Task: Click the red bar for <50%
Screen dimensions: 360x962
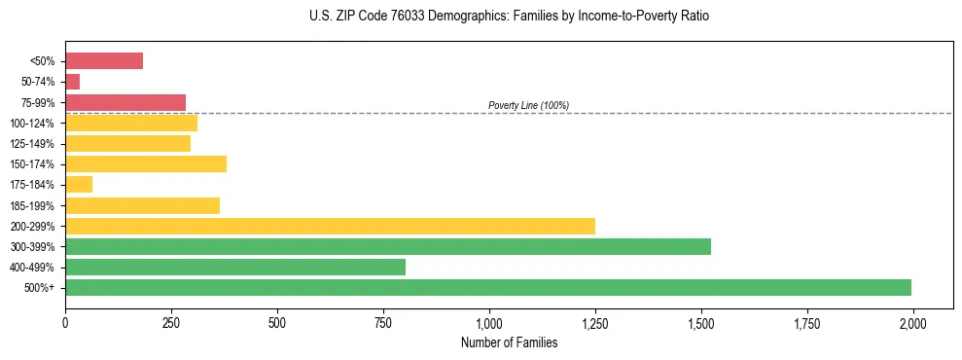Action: pos(104,61)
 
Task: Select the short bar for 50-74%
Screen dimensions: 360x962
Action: pos(73,82)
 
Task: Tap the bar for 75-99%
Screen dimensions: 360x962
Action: pos(125,102)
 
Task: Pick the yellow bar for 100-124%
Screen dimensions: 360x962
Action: pos(131,123)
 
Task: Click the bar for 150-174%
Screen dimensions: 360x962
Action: pos(146,163)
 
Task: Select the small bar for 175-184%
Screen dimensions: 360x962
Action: pos(79,184)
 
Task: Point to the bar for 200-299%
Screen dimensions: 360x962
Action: pos(330,226)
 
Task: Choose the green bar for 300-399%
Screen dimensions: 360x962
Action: pos(388,246)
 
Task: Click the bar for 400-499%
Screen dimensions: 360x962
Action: pos(235,267)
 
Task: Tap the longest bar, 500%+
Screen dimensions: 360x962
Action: pos(488,287)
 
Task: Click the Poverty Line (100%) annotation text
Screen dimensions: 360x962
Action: pos(528,105)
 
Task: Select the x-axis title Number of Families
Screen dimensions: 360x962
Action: pos(509,342)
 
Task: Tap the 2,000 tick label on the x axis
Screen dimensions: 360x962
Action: pos(912,321)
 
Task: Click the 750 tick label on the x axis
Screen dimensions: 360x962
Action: pos(383,321)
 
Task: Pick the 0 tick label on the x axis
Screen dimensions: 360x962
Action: pos(65,321)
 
